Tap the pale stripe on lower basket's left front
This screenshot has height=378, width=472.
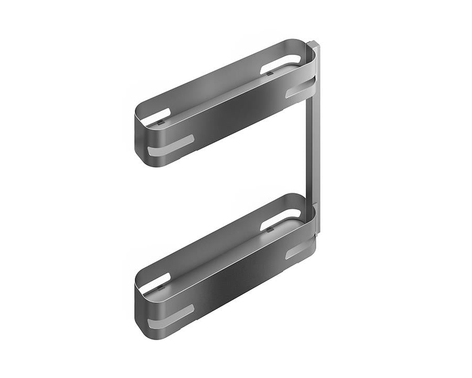pos(171,314)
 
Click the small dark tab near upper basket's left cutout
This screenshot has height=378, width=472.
pos(162,121)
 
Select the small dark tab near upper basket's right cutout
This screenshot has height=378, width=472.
pos(269,73)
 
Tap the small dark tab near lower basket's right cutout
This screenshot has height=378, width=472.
pos(269,229)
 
